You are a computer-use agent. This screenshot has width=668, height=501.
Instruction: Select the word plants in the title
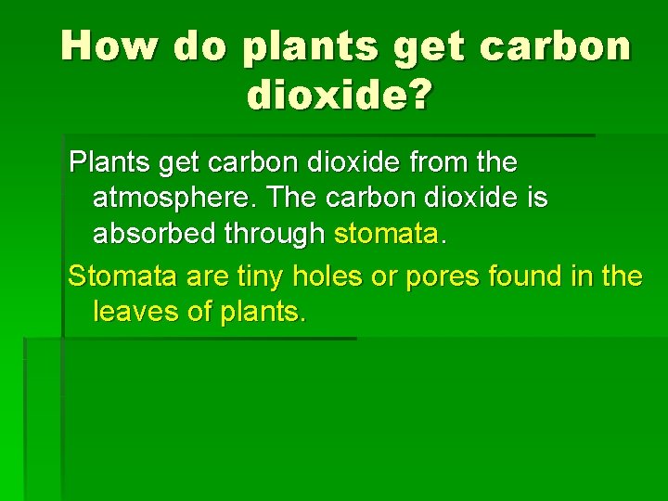point(311,47)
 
